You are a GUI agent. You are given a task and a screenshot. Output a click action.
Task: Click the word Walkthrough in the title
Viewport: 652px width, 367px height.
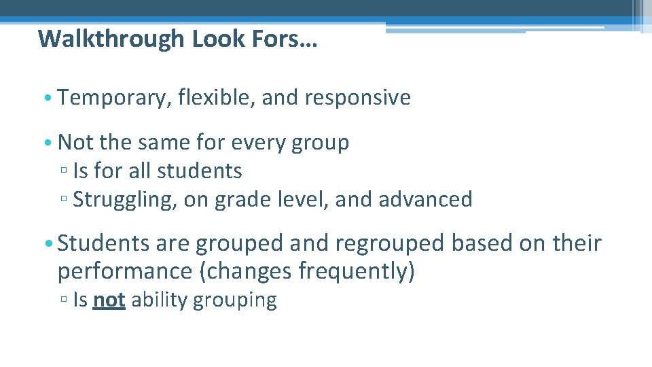click(x=111, y=39)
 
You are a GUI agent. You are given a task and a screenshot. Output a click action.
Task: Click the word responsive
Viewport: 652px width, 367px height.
click(x=358, y=98)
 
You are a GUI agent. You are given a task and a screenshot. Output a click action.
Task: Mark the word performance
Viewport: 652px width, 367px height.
click(x=124, y=272)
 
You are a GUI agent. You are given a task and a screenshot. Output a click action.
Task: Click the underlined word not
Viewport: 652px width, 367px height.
click(x=109, y=300)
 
